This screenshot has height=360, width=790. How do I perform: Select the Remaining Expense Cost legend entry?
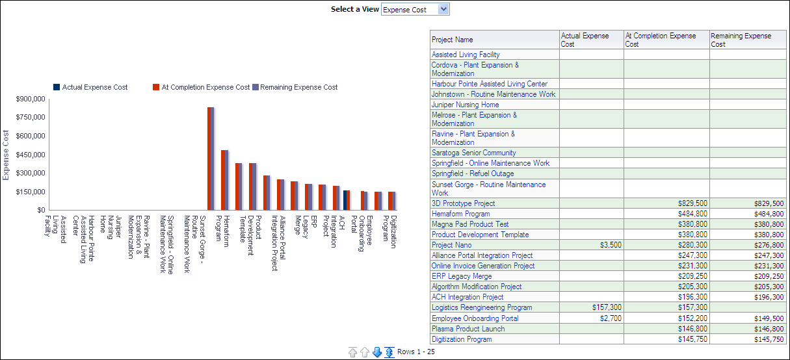click(x=298, y=87)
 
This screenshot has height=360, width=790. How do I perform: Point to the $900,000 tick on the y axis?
click(x=31, y=99)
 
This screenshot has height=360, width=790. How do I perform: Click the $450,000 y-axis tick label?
click(x=31, y=155)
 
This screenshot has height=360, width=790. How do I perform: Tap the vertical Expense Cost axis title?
click(x=6, y=155)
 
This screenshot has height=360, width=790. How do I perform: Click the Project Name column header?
click(x=453, y=40)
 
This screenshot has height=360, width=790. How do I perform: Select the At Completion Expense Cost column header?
click(x=660, y=40)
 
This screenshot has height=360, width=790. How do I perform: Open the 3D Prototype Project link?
click(x=463, y=203)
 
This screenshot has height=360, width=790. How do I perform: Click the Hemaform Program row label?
click(x=460, y=214)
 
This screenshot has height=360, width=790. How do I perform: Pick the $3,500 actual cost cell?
click(x=611, y=245)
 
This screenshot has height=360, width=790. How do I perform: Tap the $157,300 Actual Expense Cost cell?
click(x=607, y=307)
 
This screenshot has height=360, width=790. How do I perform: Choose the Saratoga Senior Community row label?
click(x=473, y=153)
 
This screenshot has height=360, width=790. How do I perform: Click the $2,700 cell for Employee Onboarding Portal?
click(x=611, y=318)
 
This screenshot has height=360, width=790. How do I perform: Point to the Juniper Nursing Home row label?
click(x=465, y=105)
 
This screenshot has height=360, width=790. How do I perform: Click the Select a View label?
click(x=354, y=9)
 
